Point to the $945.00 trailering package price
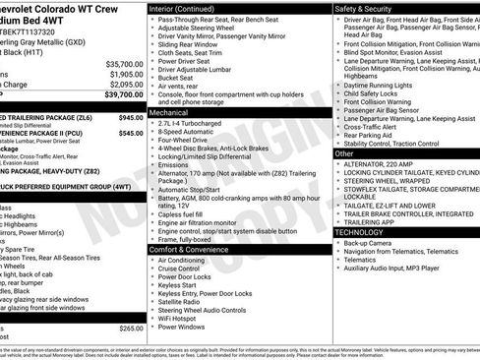tap(131, 117)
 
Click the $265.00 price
tap(131, 328)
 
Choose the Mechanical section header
tap(176, 112)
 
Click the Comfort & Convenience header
tap(197, 249)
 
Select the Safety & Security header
tap(367, 7)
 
